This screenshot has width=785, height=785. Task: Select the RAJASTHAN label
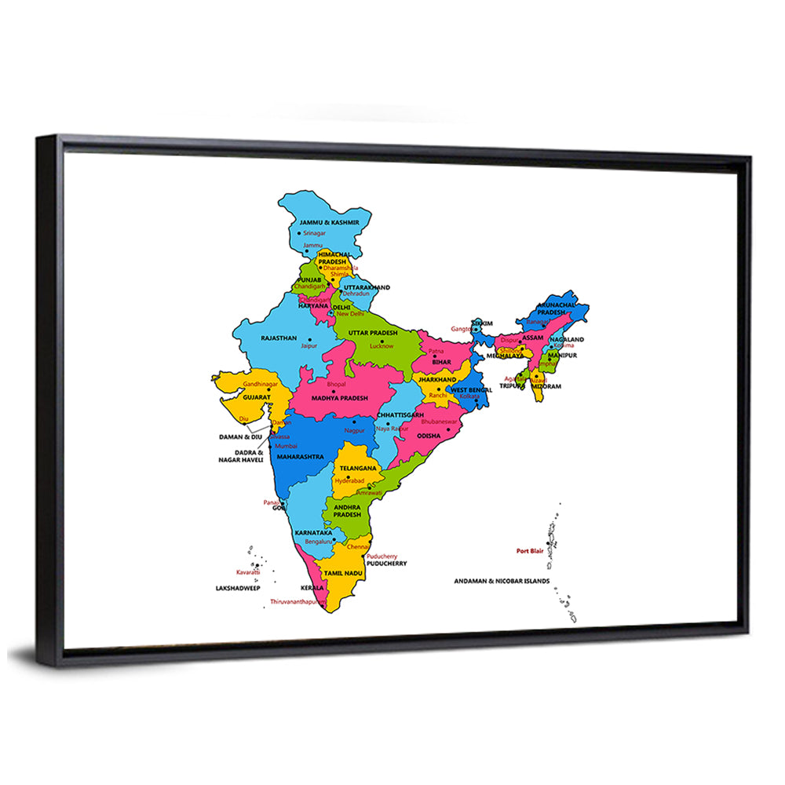pyautogui.click(x=279, y=338)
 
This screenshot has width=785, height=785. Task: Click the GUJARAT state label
pyautogui.click(x=257, y=398)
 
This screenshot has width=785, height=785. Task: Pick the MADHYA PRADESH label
pyautogui.click(x=339, y=398)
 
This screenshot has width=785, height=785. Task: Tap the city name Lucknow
pyautogui.click(x=382, y=346)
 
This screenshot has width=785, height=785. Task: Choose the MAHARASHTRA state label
pyautogui.click(x=301, y=456)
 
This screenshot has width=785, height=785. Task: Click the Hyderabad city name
pyautogui.click(x=349, y=480)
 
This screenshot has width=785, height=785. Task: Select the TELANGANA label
pyautogui.click(x=358, y=468)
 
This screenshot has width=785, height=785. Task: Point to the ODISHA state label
pyautogui.click(x=429, y=436)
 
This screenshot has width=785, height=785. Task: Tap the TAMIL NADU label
pyautogui.click(x=342, y=574)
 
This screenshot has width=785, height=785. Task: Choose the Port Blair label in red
pyautogui.click(x=530, y=551)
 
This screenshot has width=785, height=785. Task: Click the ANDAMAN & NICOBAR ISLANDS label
pyautogui.click(x=502, y=582)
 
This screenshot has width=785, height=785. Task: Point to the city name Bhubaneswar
pyautogui.click(x=440, y=422)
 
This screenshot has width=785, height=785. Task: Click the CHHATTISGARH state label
pyautogui.click(x=400, y=414)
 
